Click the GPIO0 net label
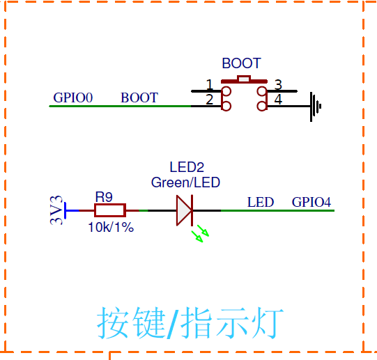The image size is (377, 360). click(x=73, y=98)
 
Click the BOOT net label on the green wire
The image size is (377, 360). click(x=139, y=98)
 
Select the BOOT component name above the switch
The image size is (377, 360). click(x=241, y=63)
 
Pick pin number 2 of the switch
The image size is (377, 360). click(x=209, y=100)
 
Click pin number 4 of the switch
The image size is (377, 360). click(x=278, y=100)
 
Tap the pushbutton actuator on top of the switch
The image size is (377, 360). click(x=243, y=79)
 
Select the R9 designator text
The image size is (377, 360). click(x=104, y=196)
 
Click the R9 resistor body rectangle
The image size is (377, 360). click(x=109, y=210)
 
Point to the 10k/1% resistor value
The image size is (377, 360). click(x=111, y=228)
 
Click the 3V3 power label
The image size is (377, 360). click(x=56, y=210)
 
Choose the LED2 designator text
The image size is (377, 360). click(x=187, y=168)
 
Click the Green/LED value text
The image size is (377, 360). click(x=185, y=183)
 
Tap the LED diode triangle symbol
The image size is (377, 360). click(x=183, y=210)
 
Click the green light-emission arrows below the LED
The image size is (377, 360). click(x=201, y=233)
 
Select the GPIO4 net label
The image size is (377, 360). click(x=311, y=203)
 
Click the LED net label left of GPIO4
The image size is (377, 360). click(x=261, y=203)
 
